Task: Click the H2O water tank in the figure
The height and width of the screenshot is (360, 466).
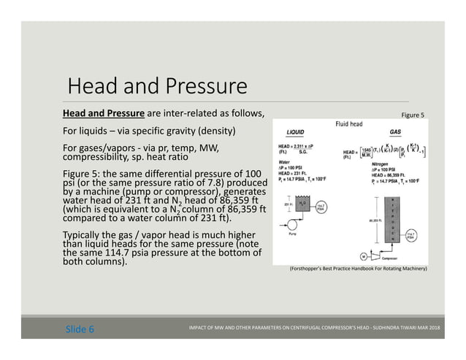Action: coord(305,207)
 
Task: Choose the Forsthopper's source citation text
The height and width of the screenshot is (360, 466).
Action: coord(358,269)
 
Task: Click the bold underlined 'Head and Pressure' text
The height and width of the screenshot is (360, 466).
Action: coord(103,113)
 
